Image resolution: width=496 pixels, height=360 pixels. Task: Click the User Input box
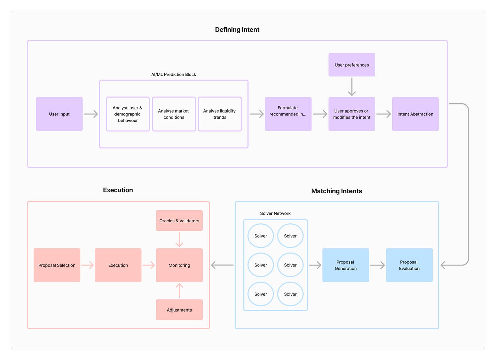coord(59,114)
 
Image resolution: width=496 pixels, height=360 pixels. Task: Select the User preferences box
coord(351,65)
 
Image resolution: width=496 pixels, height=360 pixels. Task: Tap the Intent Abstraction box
coord(415,114)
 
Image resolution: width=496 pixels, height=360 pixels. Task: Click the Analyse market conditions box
coord(174,114)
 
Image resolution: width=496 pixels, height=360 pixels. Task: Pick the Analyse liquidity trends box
coord(220,114)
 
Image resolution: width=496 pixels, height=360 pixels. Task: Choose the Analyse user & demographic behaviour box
coord(128,114)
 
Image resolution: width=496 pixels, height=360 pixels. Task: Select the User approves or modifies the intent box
coord(351,114)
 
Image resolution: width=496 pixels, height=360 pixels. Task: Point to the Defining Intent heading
coord(237,30)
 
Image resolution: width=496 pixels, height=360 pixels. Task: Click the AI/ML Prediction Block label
coord(174,74)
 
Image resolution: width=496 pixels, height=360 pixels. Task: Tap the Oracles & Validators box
coord(179,221)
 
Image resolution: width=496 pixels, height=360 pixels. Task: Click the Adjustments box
coord(179,310)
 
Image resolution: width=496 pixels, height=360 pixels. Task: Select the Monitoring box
coord(179,265)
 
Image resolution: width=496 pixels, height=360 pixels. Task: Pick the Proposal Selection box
coord(57,265)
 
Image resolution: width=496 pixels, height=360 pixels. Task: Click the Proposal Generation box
coord(345,265)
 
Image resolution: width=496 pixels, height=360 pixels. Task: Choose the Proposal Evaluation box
coord(409,265)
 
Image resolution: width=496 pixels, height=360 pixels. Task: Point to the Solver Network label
coord(275,213)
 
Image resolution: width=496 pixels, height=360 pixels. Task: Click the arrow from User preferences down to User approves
coord(351,87)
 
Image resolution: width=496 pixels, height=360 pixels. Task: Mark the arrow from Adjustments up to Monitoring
coord(179,291)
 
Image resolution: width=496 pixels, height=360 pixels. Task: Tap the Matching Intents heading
coord(337,191)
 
